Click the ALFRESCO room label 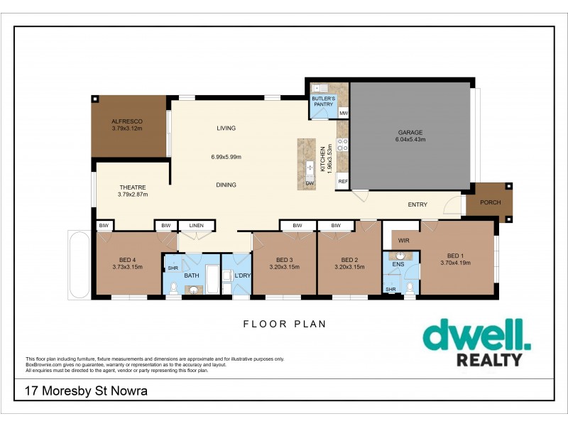(127, 121)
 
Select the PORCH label (491, 202)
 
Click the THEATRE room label (133, 187)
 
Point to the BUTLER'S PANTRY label (323, 101)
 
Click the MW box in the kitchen (344, 113)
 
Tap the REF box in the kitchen (343, 182)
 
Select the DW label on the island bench (310, 182)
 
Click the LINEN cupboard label (196, 226)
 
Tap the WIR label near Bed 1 (404, 240)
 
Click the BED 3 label (285, 259)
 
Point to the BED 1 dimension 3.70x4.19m (454, 263)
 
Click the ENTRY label (417, 204)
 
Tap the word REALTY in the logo (488, 360)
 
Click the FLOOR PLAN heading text (284, 324)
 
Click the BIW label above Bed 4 (104, 226)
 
